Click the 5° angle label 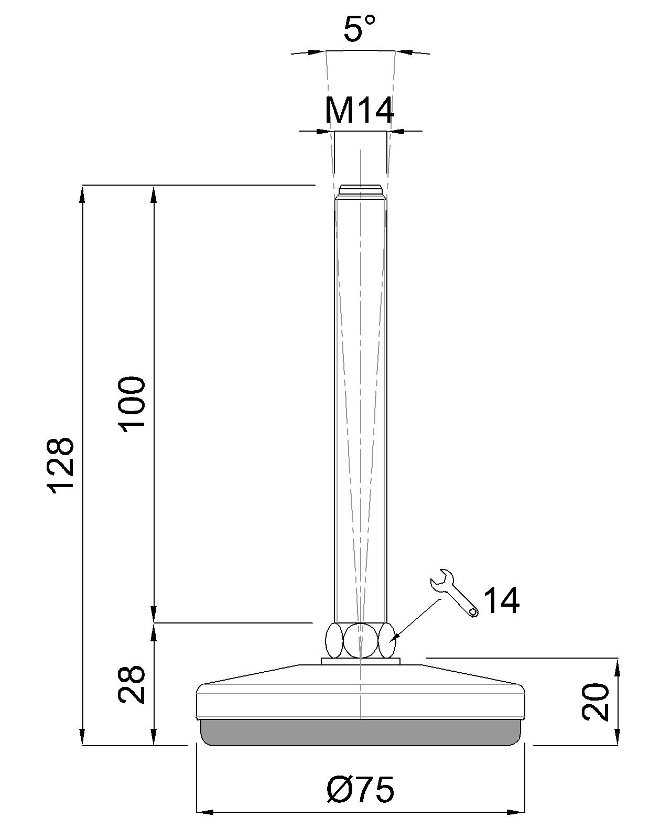(x=360, y=29)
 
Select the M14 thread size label (x=360, y=111)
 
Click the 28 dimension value (x=132, y=684)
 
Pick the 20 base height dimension (x=596, y=701)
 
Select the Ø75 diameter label (x=360, y=790)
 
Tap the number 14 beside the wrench (x=501, y=600)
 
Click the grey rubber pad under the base (x=361, y=732)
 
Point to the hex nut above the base (x=361, y=640)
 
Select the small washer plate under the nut (x=361, y=661)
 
